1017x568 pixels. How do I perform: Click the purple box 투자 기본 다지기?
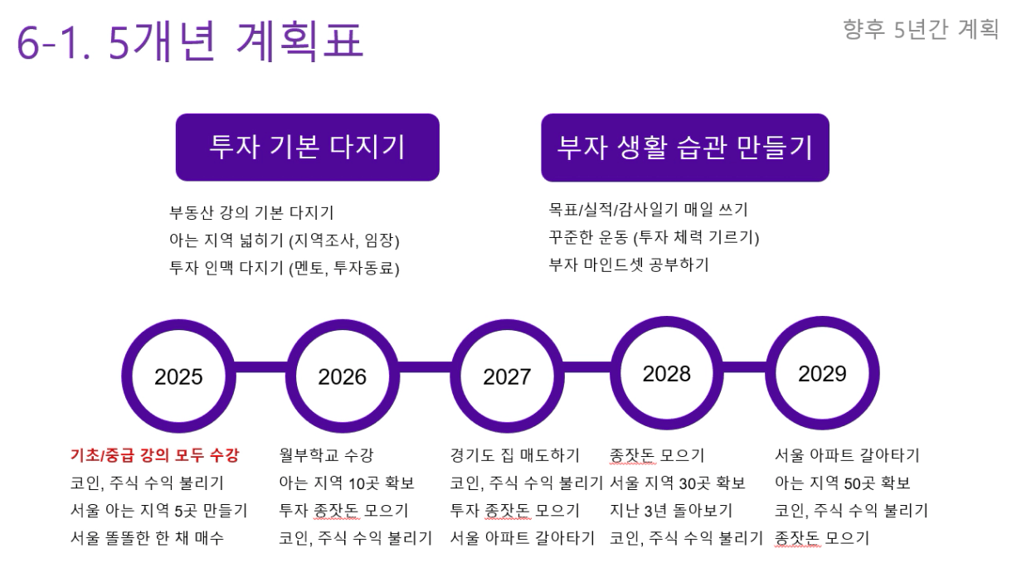point(308,147)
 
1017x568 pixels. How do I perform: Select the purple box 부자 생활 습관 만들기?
point(685,148)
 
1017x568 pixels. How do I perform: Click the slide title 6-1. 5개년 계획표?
point(190,41)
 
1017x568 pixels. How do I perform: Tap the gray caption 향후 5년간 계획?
point(921,30)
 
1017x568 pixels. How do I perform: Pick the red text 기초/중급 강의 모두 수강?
point(154,455)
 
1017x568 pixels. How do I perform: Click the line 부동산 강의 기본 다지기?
point(251,212)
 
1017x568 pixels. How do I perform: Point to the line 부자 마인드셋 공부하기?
point(629,265)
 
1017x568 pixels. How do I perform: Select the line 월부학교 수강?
point(326,455)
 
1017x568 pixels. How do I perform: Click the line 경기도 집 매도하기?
point(515,455)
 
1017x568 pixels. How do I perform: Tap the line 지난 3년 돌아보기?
point(671,511)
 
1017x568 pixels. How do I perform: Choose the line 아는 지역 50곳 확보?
point(843,483)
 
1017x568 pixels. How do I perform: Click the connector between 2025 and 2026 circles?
point(260,367)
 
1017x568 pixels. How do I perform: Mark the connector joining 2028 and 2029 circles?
point(744,367)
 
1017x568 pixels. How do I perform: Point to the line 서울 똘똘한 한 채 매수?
point(147,538)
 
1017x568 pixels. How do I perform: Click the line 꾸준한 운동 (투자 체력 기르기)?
point(654,237)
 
